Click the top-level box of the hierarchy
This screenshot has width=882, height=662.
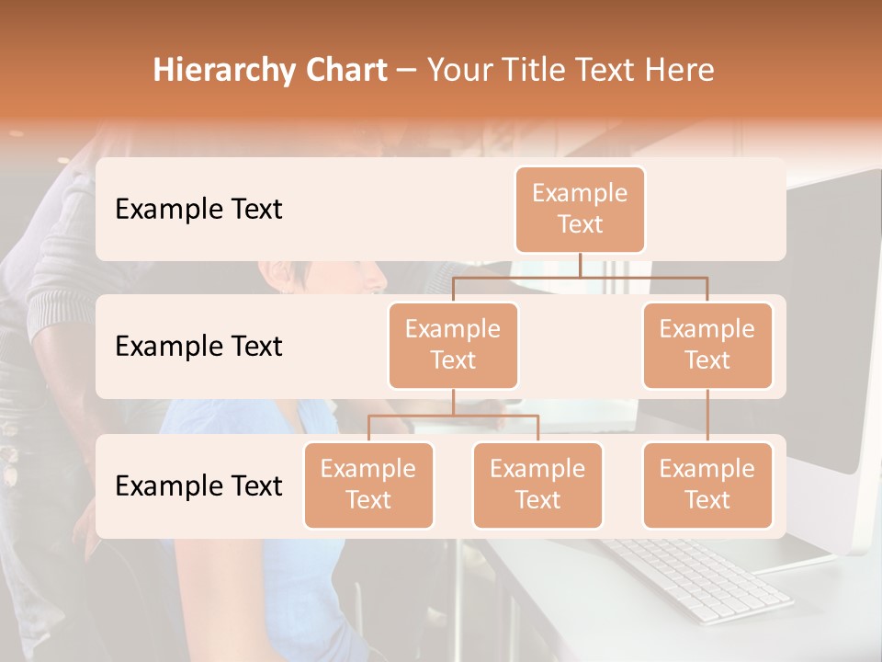580,210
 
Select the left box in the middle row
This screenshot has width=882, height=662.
453,345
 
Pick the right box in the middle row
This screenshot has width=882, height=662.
707,345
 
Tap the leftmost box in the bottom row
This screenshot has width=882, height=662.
368,485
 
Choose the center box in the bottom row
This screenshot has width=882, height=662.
537,485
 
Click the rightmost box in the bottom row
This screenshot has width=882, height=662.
707,485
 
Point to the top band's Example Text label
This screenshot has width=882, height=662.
198,210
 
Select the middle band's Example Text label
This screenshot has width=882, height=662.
198,347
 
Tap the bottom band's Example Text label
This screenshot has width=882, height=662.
198,485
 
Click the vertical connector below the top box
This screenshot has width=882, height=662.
580,265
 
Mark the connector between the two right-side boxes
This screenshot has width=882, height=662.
707,416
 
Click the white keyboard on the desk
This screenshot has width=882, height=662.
698,579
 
